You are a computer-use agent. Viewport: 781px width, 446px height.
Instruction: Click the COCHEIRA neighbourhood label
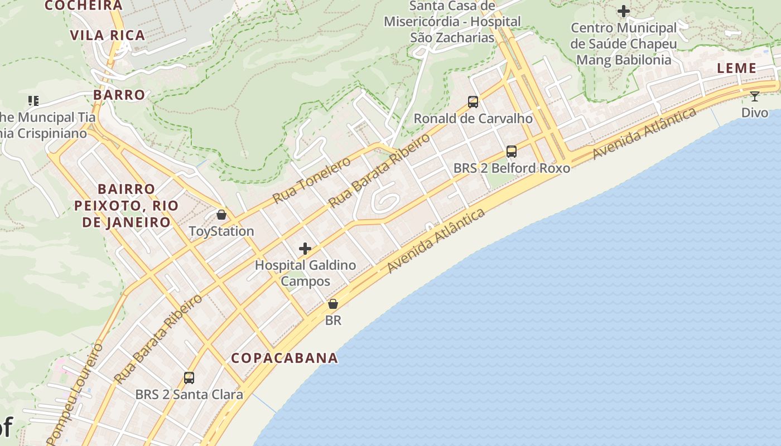click(83, 6)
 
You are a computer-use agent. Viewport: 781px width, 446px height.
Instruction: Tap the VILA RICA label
click(108, 35)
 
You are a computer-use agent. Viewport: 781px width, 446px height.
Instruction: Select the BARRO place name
click(119, 95)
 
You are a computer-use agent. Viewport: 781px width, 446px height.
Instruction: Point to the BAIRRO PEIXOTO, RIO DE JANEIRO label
click(127, 206)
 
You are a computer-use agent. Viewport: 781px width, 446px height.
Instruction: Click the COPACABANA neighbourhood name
click(285, 358)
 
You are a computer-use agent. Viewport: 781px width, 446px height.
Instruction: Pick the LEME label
click(736, 69)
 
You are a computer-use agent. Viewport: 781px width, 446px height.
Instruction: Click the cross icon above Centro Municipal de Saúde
click(624, 11)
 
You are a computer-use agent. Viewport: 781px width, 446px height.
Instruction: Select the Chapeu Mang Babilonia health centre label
click(624, 44)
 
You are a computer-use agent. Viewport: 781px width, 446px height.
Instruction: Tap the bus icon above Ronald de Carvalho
click(473, 102)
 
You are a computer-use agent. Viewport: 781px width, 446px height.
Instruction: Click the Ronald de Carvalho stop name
click(473, 119)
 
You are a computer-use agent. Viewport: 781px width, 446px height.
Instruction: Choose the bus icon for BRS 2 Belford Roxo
click(512, 151)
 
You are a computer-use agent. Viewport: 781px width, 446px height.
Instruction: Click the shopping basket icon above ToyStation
click(221, 215)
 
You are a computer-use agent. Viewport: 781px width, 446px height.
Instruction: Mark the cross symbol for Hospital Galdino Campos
click(305, 249)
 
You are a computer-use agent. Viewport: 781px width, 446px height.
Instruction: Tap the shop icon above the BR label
click(333, 304)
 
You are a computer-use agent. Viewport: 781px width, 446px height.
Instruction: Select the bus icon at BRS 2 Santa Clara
click(189, 378)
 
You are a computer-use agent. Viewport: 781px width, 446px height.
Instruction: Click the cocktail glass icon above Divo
click(755, 96)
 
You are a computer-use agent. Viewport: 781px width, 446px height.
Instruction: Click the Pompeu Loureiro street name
click(75, 394)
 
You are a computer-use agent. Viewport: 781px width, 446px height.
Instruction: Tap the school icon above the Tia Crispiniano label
click(33, 101)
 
